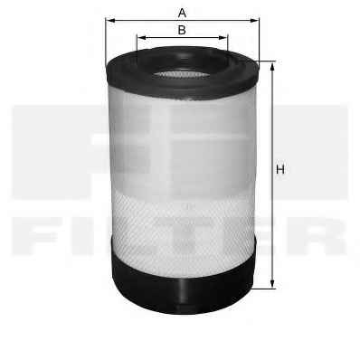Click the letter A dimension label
click(x=182, y=14)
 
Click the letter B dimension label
click(x=182, y=30)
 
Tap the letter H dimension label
click(x=280, y=169)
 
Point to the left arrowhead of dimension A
click(x=110, y=21)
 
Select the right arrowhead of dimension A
click(x=254, y=21)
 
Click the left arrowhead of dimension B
click(x=142, y=37)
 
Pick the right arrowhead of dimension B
click(x=223, y=37)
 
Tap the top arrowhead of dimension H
click(x=272, y=67)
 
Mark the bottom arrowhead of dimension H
click(x=272, y=283)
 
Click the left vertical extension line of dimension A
click(x=106, y=43)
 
